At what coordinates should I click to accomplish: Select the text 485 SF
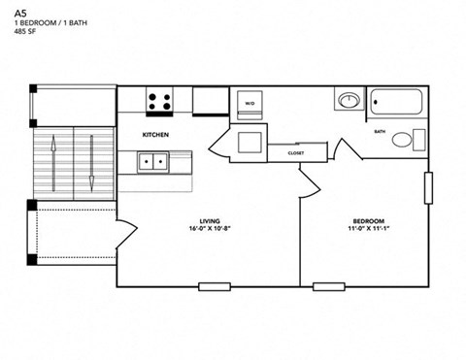(26, 31)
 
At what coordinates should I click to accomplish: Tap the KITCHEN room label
(157, 134)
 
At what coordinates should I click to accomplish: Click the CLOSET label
(296, 153)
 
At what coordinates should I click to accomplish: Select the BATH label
(380, 131)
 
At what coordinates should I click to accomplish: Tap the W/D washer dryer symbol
(250, 104)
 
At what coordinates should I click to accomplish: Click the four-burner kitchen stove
(160, 100)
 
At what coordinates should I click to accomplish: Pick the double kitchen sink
(152, 162)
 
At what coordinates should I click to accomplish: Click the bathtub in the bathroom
(395, 102)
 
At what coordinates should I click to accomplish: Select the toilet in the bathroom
(403, 140)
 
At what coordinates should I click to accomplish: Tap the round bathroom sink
(349, 100)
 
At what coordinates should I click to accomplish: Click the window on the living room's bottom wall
(215, 286)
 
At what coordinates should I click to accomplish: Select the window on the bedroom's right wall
(428, 188)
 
